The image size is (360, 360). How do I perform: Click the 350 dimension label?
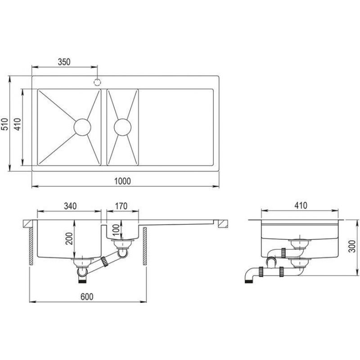click(x=64, y=62)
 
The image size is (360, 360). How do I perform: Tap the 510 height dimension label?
click(x=4, y=124)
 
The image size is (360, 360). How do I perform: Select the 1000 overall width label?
click(x=122, y=181)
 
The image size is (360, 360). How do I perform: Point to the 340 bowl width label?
click(x=70, y=206)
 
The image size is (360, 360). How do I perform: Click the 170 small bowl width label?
click(x=121, y=206)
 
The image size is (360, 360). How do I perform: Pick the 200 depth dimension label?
click(x=69, y=239)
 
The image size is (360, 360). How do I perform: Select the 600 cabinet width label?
click(x=87, y=297)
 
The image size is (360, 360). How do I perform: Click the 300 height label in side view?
click(x=352, y=246)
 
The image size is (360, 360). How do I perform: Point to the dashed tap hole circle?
click(x=97, y=82)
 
